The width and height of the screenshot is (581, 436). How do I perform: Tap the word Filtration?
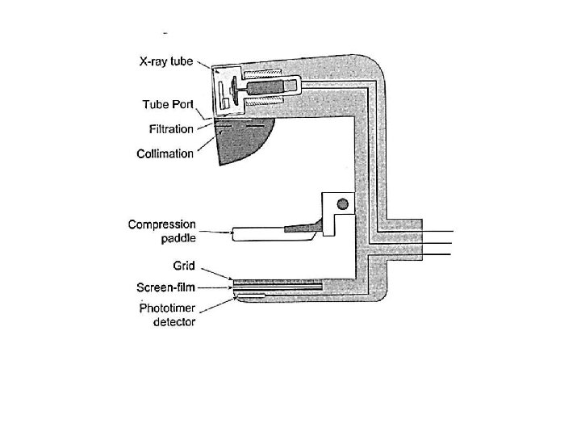click(171, 129)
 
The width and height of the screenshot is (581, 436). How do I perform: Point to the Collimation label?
click(165, 153)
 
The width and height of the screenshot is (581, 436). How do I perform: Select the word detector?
click(173, 321)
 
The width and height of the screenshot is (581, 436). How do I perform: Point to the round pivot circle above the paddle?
click(342, 203)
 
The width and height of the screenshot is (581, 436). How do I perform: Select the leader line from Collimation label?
click(207, 146)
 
